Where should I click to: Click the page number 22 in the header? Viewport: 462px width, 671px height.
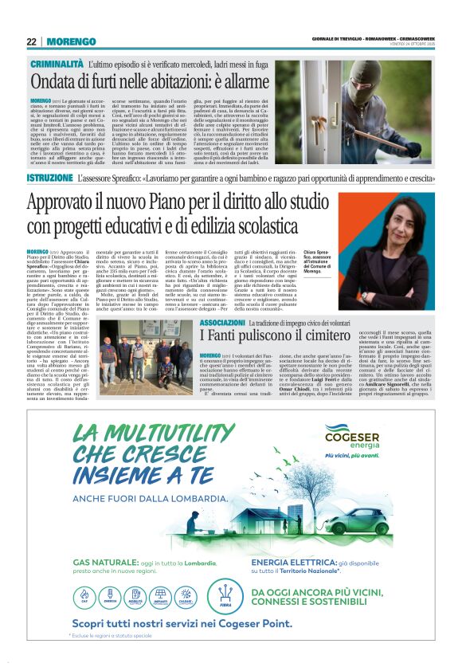click(31, 41)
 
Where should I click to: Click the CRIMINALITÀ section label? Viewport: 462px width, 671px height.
click(57, 62)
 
